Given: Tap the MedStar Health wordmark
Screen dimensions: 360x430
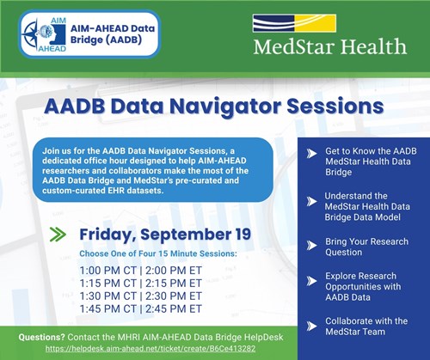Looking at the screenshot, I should tap(329, 45).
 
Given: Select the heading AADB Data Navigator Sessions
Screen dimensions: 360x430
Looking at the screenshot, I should tap(215, 107).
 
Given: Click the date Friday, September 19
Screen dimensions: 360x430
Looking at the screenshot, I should tap(153, 235).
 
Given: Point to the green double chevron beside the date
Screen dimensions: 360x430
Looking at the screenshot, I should tap(58, 234).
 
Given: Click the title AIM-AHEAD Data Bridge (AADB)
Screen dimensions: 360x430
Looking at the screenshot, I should tap(112, 33).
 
